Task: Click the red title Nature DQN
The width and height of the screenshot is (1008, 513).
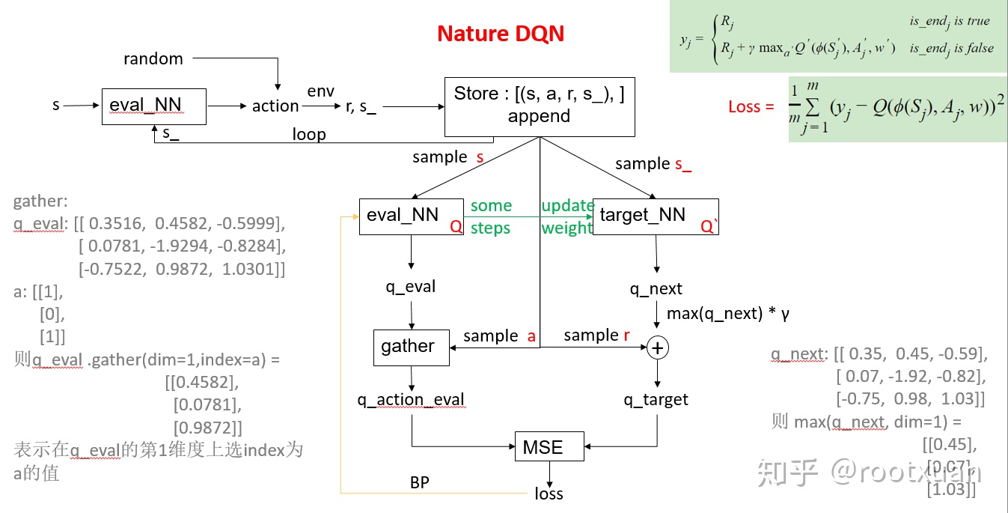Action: [501, 34]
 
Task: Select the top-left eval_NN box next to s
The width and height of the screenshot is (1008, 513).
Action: [153, 106]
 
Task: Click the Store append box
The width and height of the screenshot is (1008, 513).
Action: [540, 106]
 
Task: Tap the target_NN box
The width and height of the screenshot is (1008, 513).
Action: [655, 216]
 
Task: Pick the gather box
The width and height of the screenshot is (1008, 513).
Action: [411, 347]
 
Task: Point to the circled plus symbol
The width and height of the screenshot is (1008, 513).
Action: [657, 347]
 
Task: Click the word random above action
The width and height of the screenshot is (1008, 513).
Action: [153, 58]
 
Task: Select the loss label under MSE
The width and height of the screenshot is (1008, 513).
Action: [549, 494]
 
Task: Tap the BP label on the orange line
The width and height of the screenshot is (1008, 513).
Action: [420, 482]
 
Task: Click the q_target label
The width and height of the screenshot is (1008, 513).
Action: [656, 400]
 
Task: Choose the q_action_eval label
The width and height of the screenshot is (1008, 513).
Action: [411, 400]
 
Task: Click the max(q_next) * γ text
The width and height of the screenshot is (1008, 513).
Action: [727, 314]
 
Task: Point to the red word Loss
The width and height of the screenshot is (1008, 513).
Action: [751, 107]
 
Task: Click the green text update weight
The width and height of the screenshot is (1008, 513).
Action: [567, 217]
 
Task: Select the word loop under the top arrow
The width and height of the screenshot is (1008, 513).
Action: [309, 134]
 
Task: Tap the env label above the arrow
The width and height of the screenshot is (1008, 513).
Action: [321, 91]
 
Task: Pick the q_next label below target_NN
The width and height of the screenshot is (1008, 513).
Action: [656, 289]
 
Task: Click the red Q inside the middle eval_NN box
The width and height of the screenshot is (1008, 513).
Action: [456, 225]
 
